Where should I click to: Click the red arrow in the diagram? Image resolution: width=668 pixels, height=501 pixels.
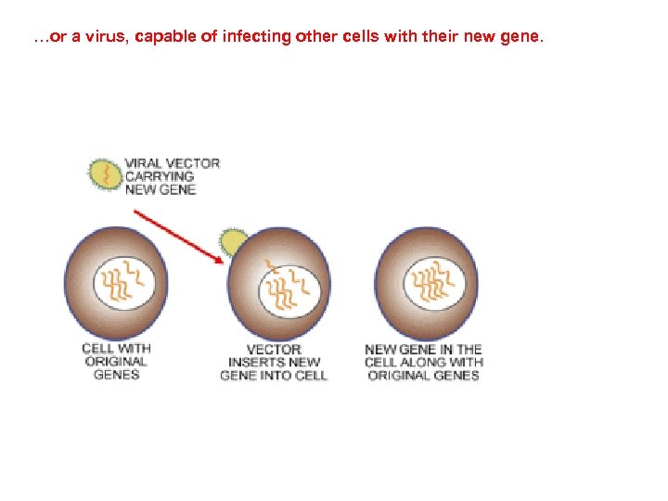pos(180,236)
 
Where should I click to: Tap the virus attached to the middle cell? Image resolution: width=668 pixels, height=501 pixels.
pos(231,243)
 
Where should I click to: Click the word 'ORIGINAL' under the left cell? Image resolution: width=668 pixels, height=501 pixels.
pos(116,362)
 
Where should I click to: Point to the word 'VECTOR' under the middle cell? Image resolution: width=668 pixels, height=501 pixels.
pos(274,349)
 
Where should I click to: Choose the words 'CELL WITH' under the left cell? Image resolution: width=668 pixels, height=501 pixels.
pos(117,349)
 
